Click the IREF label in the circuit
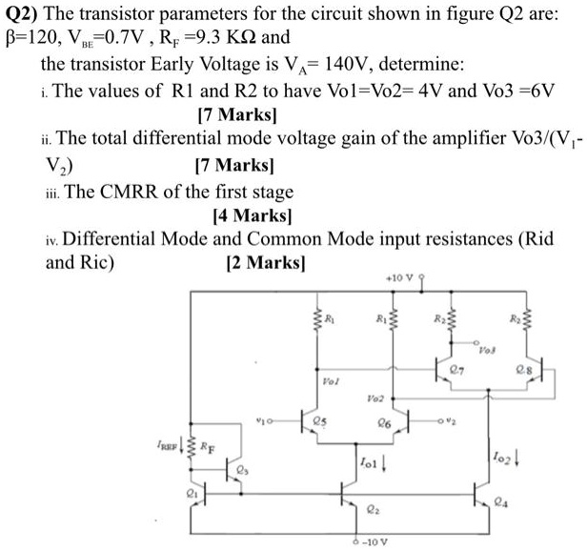pos(169,444)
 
